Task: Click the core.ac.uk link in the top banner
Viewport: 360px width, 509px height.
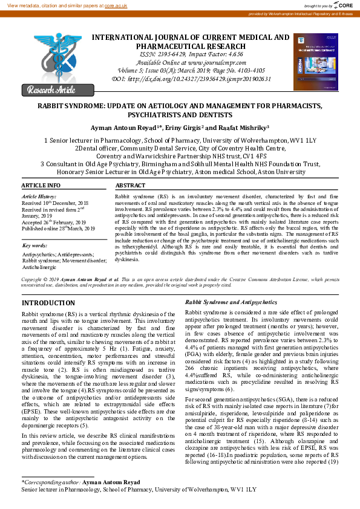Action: click(x=116, y=5)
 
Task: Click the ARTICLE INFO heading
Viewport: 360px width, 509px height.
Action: click(x=41, y=185)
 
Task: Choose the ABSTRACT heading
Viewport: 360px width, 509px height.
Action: click(x=131, y=185)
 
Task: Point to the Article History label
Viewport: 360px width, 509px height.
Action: click(x=39, y=197)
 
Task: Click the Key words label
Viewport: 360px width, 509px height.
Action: click(x=35, y=246)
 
